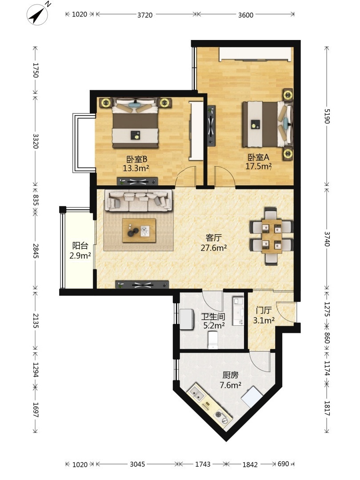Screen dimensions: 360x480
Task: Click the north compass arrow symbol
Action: coord(38,14)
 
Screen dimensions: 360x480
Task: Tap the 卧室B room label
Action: coord(137,159)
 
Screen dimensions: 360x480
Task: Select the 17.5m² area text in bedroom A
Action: coord(259,166)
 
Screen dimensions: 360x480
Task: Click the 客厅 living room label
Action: coord(214,238)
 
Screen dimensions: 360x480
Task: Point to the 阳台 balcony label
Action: coord(80,245)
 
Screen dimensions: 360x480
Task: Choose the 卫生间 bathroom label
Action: coord(213,316)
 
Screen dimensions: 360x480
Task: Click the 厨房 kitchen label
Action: coord(231,375)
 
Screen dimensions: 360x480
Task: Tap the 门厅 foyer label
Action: coord(264,310)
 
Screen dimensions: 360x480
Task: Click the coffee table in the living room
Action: coord(139,231)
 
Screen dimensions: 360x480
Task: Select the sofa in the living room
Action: coord(138,201)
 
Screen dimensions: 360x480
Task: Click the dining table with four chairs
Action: coord(272,236)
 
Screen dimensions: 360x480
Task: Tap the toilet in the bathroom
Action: coord(213,340)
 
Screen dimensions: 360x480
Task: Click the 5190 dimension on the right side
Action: coord(327,116)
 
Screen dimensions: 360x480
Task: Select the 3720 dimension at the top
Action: coord(145,15)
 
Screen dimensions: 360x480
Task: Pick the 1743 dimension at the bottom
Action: coord(203,464)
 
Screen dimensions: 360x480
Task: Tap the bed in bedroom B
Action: coord(135,123)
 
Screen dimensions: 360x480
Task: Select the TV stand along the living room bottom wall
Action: coord(142,285)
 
